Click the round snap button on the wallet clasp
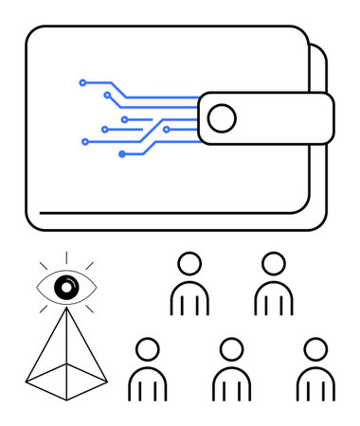222,118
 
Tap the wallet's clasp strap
275,118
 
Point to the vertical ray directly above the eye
65,256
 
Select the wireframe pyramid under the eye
65,355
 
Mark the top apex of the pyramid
65,309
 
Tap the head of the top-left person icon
189,263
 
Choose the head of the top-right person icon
273,263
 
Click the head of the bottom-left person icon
147,349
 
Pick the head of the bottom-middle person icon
231,349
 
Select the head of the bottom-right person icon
315,349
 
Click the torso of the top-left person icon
189,299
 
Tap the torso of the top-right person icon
273,299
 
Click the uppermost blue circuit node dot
82,82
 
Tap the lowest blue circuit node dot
122,153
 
